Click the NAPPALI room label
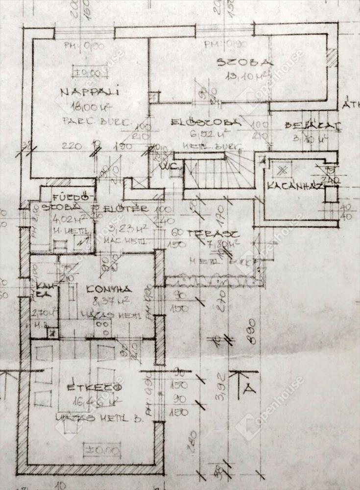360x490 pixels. pyautogui.click(x=90, y=92)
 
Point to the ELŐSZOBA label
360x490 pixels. pyautogui.click(x=206, y=122)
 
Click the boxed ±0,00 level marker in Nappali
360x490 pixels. pyautogui.click(x=88, y=73)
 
